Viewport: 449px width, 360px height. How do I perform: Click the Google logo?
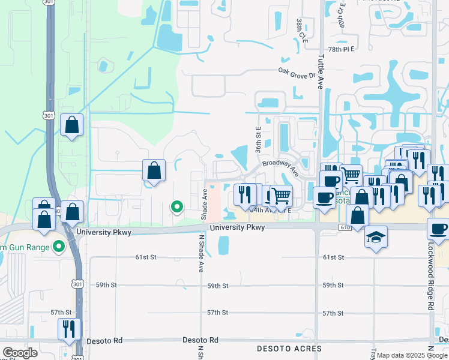coord(20,353)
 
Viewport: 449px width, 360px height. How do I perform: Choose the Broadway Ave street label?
coord(280,166)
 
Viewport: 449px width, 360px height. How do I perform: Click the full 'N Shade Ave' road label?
coord(200,253)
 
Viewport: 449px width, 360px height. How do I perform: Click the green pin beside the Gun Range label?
coord(58,246)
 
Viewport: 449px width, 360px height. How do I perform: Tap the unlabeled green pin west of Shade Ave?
coord(177,208)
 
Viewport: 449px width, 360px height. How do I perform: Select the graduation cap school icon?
coord(376,237)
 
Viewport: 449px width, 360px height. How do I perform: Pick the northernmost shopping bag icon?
coord(72,125)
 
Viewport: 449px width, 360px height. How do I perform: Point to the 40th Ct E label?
coord(342,15)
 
